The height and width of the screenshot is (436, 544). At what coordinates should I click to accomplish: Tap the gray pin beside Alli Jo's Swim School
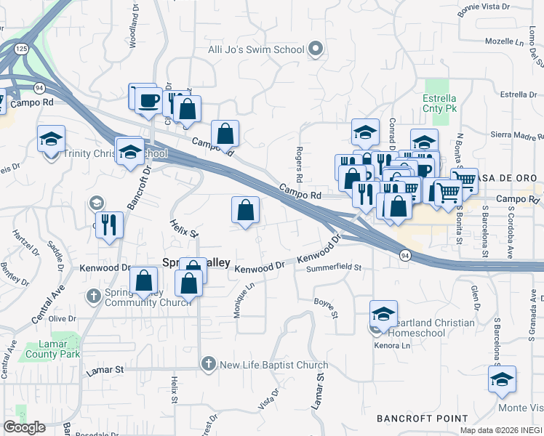pyautogui.click(x=316, y=49)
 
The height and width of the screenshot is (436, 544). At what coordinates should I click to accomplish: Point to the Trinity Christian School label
pyautogui.click(x=115, y=154)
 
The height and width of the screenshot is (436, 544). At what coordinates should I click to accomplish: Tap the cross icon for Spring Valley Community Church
pyautogui.click(x=93, y=296)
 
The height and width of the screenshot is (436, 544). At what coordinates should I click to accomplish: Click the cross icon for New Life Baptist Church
pyautogui.click(x=208, y=364)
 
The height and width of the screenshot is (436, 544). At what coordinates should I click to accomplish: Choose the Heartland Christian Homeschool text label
pyautogui.click(x=431, y=328)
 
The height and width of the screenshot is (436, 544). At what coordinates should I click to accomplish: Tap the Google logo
pyautogui.click(x=24, y=427)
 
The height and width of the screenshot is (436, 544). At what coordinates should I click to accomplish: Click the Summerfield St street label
pyautogui.click(x=335, y=268)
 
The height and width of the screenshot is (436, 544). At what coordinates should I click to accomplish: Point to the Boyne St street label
pyautogui.click(x=327, y=306)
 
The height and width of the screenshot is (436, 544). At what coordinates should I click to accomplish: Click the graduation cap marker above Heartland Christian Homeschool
pyautogui.click(x=383, y=314)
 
